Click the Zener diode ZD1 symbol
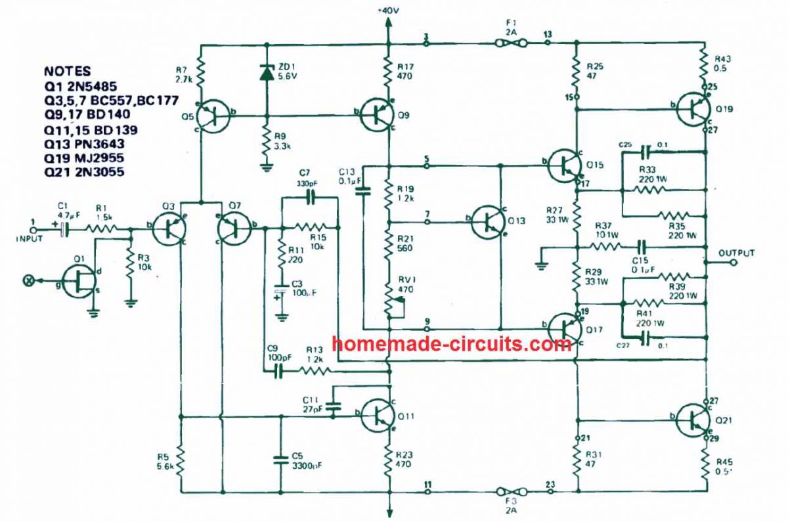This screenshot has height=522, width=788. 266,73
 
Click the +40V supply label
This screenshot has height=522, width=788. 388,11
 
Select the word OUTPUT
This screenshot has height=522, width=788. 737,253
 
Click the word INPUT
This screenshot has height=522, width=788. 30,238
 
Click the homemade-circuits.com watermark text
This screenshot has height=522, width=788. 452,343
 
